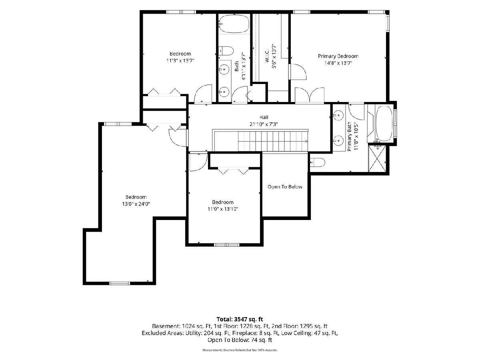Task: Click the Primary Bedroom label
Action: pos(338,56)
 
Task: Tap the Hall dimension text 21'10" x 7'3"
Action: pos(264,124)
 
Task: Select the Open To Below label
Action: pos(285,187)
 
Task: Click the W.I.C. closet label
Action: pos(267,56)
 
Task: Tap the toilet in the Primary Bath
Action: pos(318,162)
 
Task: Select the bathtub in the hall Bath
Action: pos(234,24)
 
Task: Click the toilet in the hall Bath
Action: pos(226,51)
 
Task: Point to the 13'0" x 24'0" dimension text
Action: pos(136,204)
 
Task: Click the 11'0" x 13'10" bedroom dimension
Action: pos(223,209)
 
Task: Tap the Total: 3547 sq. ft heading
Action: pos(240,319)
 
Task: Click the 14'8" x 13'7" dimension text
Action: pos(338,63)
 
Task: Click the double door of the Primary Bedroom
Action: pos(310,95)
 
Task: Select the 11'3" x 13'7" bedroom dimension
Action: pos(180,60)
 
